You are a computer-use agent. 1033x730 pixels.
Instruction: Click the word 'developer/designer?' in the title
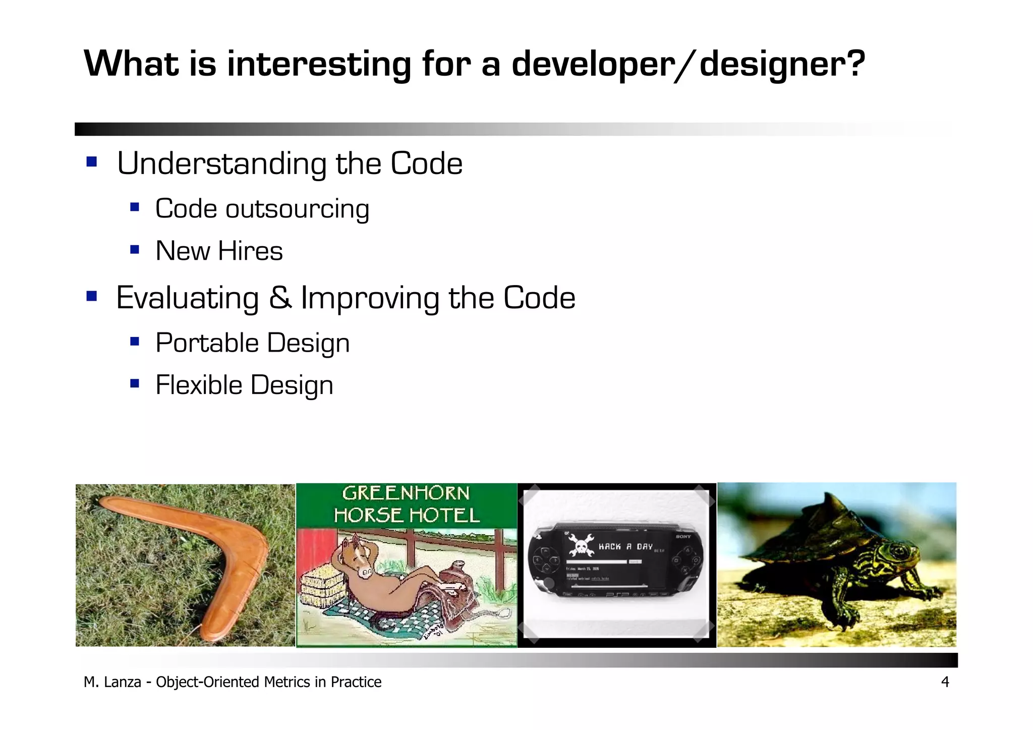[x=688, y=65]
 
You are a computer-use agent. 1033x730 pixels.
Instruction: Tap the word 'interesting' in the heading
[x=319, y=65]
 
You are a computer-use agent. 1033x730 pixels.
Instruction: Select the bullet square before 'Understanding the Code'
[x=91, y=162]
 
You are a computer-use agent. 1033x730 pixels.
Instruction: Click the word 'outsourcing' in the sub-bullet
[x=297, y=209]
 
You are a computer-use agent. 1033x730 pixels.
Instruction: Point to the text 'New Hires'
[x=219, y=251]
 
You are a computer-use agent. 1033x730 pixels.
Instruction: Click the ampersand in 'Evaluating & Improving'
[x=280, y=298]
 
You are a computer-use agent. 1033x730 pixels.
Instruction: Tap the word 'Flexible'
[x=199, y=385]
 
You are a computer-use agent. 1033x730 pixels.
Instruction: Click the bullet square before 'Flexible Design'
[x=134, y=383]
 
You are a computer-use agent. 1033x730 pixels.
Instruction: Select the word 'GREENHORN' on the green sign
[x=406, y=493]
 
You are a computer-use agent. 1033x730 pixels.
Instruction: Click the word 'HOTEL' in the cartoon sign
[x=444, y=516]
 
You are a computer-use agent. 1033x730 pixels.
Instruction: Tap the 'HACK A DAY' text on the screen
[x=625, y=546]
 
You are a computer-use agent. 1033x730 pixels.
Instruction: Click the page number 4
[x=945, y=682]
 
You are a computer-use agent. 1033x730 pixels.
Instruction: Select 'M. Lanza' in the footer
[x=112, y=682]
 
